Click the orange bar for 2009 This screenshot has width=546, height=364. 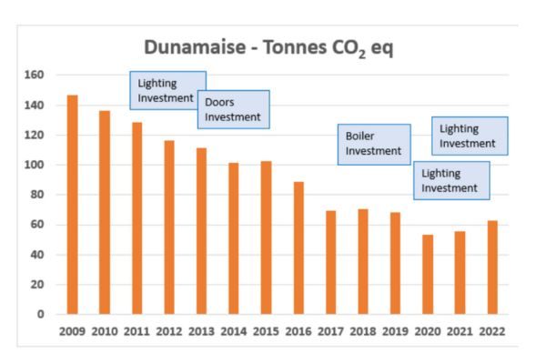click(72, 205)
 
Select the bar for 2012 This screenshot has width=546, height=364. click(168, 227)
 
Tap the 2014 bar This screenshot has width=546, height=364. click(234, 238)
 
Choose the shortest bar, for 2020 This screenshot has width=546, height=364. click(428, 274)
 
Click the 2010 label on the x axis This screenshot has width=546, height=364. click(104, 331)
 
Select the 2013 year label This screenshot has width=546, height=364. click(201, 331)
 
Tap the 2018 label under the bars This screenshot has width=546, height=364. click(363, 331)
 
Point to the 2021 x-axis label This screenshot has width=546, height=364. click(460, 331)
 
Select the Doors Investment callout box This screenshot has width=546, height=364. click(233, 109)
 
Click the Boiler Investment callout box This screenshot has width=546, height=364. click(373, 144)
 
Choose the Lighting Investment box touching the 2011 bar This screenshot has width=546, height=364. click(167, 90)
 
